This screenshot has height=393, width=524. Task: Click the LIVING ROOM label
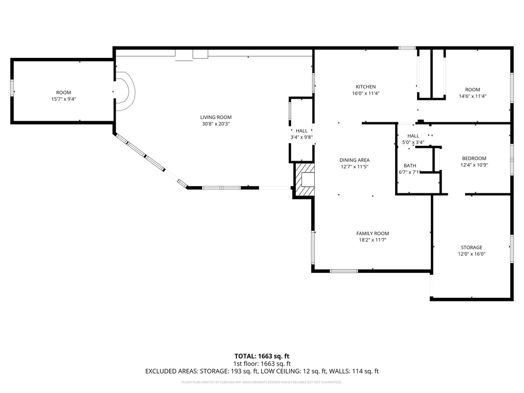tap(216, 117)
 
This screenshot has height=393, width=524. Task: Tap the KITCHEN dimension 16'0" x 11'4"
tap(366, 93)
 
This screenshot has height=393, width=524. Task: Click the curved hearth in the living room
tap(125, 92)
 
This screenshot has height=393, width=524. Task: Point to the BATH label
tap(410, 165)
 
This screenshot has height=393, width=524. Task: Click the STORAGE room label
tap(471, 247)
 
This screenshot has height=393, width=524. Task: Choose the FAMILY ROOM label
tap(373, 233)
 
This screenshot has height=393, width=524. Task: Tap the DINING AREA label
tap(355, 160)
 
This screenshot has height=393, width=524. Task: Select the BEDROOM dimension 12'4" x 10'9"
tap(474, 165)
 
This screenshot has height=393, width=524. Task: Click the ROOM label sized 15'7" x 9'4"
tap(63, 93)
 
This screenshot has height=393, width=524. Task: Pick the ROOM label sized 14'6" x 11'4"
tap(472, 90)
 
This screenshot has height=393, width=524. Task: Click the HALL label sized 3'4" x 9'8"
tap(301, 130)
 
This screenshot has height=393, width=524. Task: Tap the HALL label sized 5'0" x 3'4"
tap(413, 136)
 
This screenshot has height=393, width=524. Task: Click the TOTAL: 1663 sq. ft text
tap(262, 356)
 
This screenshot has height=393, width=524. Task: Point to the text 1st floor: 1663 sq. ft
tap(262, 363)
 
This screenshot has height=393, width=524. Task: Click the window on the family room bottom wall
tap(343, 271)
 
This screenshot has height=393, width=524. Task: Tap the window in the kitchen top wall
tap(407, 48)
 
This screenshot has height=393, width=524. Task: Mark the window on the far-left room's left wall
tap(12, 88)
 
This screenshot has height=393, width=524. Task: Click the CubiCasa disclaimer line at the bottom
tap(262, 382)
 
